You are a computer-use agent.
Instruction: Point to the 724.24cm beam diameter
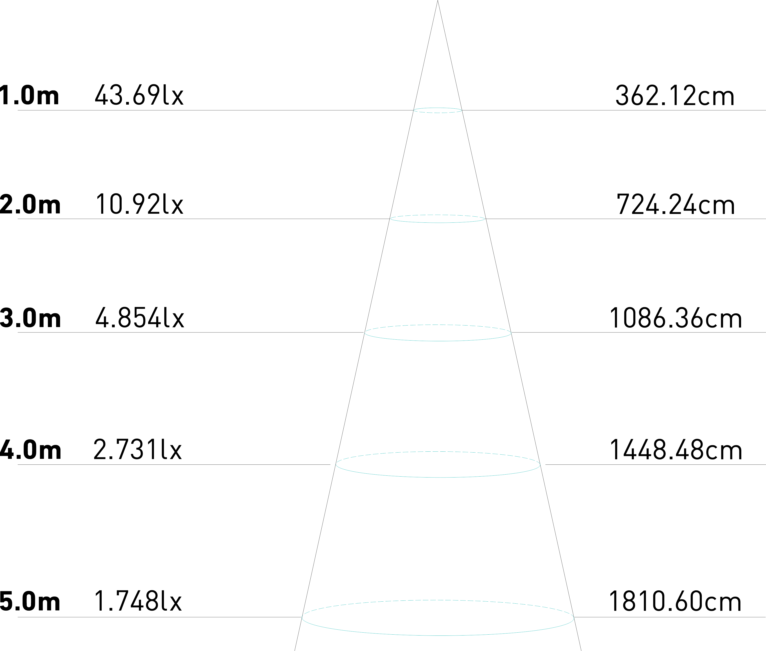[675, 205]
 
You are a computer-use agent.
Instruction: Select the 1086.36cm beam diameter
[675, 318]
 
